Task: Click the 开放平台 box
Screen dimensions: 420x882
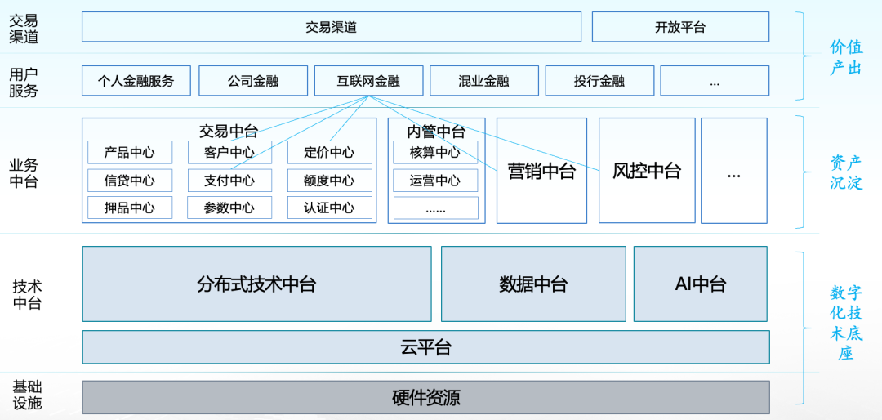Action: pos(679,27)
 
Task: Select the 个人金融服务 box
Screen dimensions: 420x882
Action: pos(136,81)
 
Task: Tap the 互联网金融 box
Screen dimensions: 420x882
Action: pos(368,81)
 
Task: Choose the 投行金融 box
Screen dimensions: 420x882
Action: pos(599,81)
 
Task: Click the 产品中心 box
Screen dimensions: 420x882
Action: pos(130,152)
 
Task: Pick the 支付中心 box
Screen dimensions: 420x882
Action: pos(229,181)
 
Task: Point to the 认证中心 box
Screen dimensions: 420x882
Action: pos(329,208)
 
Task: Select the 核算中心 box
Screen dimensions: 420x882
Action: pos(435,152)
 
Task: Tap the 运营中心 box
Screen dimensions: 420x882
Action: pos(435,181)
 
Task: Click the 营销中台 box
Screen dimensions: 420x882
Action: pos(541,171)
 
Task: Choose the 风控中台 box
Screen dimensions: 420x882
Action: pos(647,171)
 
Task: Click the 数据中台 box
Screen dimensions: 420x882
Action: pos(533,284)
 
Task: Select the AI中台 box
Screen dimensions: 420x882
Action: pos(700,284)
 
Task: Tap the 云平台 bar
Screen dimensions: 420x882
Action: pos(425,347)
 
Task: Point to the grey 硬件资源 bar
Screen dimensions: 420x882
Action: pos(425,398)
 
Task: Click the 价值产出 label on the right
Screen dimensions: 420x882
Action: pos(846,57)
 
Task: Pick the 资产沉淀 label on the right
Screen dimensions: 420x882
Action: pos(846,172)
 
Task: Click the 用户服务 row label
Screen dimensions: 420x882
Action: pos(24,82)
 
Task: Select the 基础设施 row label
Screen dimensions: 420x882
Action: pos(26,395)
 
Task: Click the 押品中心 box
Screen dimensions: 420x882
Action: pos(130,208)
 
